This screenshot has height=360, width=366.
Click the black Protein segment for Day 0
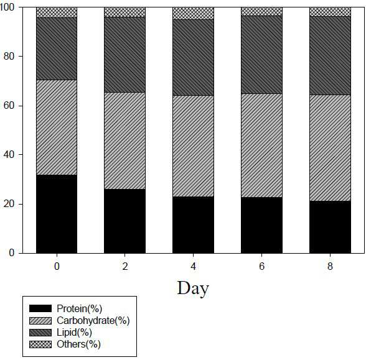tap(57, 214)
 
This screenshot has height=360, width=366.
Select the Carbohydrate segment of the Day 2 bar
tap(124, 141)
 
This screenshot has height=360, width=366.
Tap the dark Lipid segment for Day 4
tap(193, 57)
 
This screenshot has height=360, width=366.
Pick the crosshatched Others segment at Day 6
tap(261, 11)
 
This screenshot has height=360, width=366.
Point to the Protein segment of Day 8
tap(330, 227)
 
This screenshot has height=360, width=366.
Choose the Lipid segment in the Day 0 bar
tap(57, 48)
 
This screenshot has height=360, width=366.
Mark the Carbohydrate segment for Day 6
tap(261, 145)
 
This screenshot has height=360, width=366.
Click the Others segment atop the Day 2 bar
tap(124, 12)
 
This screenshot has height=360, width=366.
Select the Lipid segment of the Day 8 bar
tap(330, 55)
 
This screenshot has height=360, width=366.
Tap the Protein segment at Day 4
tap(193, 225)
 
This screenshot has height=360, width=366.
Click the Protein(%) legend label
tap(80, 308)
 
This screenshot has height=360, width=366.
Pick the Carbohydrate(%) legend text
tap(93, 321)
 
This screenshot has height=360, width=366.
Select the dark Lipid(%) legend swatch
tap(40, 333)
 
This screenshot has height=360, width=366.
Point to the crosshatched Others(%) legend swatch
tap(40, 344)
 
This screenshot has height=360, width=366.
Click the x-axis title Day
tap(193, 289)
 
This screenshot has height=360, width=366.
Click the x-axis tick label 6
tap(261, 266)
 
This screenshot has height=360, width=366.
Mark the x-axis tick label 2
tap(125, 266)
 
